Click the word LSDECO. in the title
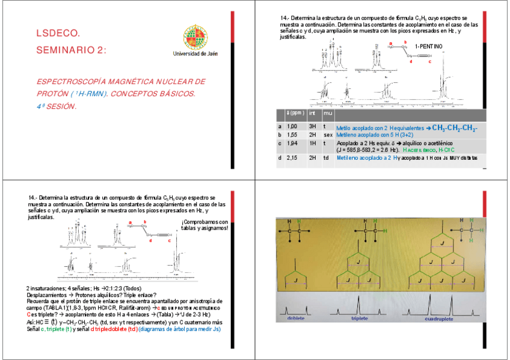click(58, 34)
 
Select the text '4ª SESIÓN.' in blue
click(57, 106)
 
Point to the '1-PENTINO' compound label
click(429, 47)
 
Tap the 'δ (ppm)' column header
click(295, 112)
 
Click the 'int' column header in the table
click(313, 112)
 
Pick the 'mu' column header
click(328, 112)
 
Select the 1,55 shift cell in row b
click(292, 135)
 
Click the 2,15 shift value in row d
click(292, 157)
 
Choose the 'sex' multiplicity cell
click(328, 135)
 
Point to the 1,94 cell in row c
click(292, 144)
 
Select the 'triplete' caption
click(360, 318)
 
